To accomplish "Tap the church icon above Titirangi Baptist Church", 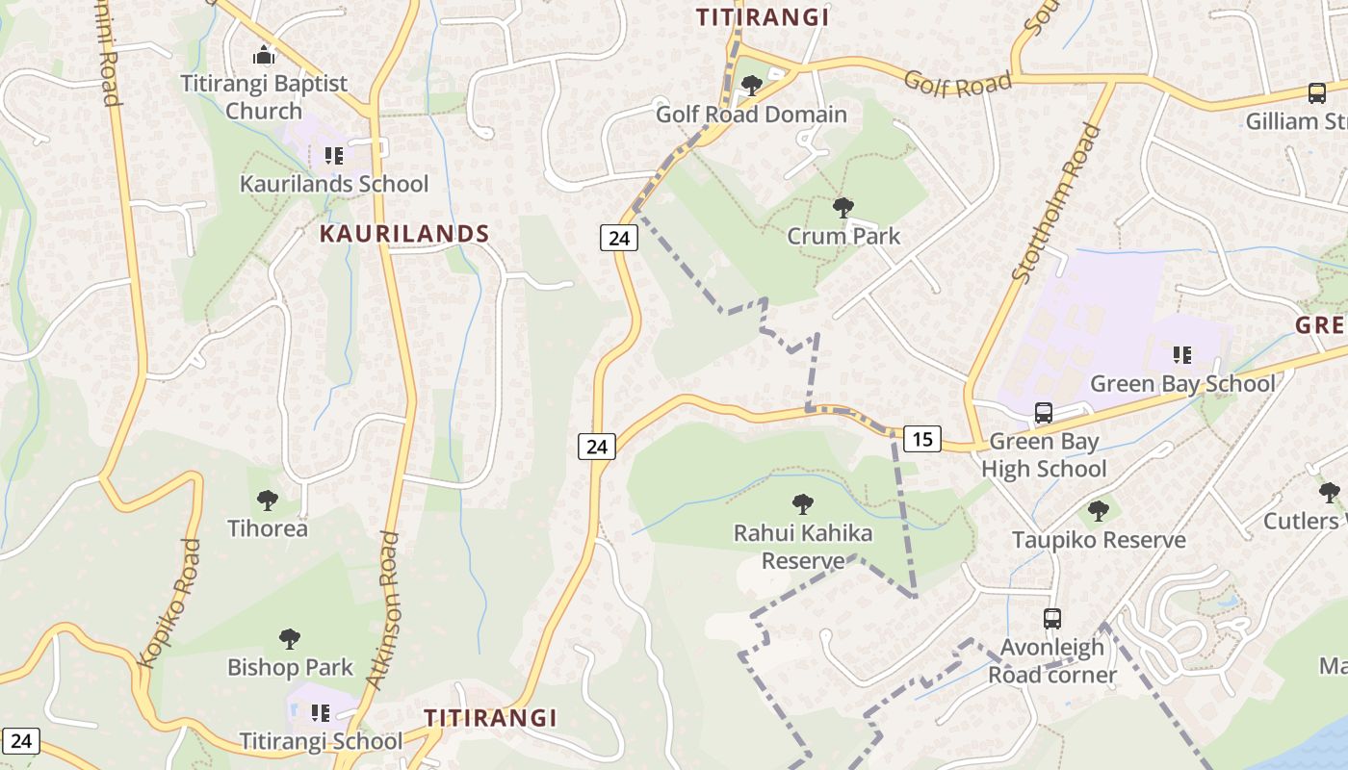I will coord(264,55).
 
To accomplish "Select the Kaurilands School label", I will coord(334,183).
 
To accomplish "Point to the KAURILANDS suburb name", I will coord(404,234).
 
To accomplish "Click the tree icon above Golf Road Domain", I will coord(752,86).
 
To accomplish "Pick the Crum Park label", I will coord(843,236).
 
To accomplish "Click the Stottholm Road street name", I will coord(1055,202).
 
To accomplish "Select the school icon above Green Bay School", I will coord(1182,355).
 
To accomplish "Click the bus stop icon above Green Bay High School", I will coord(1044,413).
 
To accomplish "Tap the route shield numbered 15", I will coord(922,440).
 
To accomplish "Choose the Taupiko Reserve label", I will coord(1099,540).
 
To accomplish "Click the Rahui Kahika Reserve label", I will coord(803,547).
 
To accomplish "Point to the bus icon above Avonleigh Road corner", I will coord(1052,619).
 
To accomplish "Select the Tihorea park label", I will coord(268,528).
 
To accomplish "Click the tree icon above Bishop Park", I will coord(290,638).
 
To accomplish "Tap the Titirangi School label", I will coord(321,741).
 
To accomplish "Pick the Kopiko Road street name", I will coord(170,603).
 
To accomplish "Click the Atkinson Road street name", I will coord(381,609).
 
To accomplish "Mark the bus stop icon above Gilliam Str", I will coord(1317,93).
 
